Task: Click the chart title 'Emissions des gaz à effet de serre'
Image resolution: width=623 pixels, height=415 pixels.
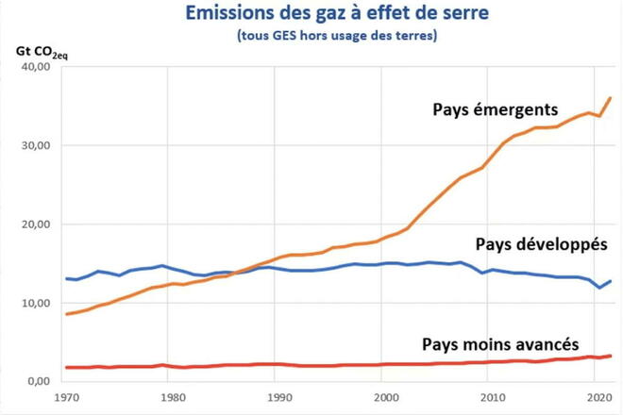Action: click(x=318, y=15)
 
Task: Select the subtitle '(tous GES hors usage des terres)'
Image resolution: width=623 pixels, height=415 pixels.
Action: click(x=318, y=37)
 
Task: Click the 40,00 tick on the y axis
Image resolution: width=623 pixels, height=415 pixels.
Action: click(x=36, y=68)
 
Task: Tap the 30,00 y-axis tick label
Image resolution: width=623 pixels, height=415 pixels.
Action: click(x=36, y=146)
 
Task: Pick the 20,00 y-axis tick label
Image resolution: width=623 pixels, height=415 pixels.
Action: click(x=36, y=224)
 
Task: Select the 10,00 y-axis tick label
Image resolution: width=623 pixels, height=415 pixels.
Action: click(x=36, y=303)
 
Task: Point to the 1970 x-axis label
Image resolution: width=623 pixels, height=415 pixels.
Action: click(x=65, y=398)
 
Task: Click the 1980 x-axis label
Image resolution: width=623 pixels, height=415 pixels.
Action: click(x=169, y=398)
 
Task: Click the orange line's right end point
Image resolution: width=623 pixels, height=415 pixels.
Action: click(x=611, y=98)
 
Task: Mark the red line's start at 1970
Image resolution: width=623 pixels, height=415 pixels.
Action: click(x=65, y=367)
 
